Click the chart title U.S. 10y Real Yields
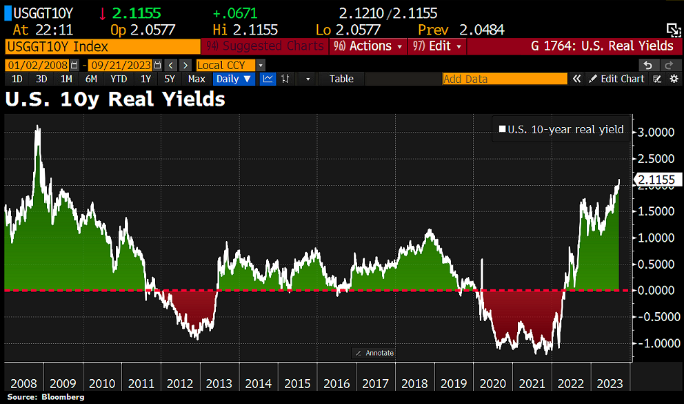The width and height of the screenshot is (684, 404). tap(115, 99)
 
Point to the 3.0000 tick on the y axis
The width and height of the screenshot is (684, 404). tap(656, 131)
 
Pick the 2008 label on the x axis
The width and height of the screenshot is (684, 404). tap(24, 383)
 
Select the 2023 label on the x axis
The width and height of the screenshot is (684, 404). tap(611, 383)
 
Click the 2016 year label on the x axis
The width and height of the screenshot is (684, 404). tap(336, 383)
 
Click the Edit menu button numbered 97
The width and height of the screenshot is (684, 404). tap(439, 46)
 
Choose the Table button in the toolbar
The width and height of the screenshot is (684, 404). tap(341, 79)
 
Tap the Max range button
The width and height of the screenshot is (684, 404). tap(197, 79)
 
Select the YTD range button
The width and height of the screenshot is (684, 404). tap(119, 79)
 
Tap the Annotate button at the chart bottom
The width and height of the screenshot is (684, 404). tap(374, 353)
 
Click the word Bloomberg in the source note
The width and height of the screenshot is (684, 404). tap(62, 397)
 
